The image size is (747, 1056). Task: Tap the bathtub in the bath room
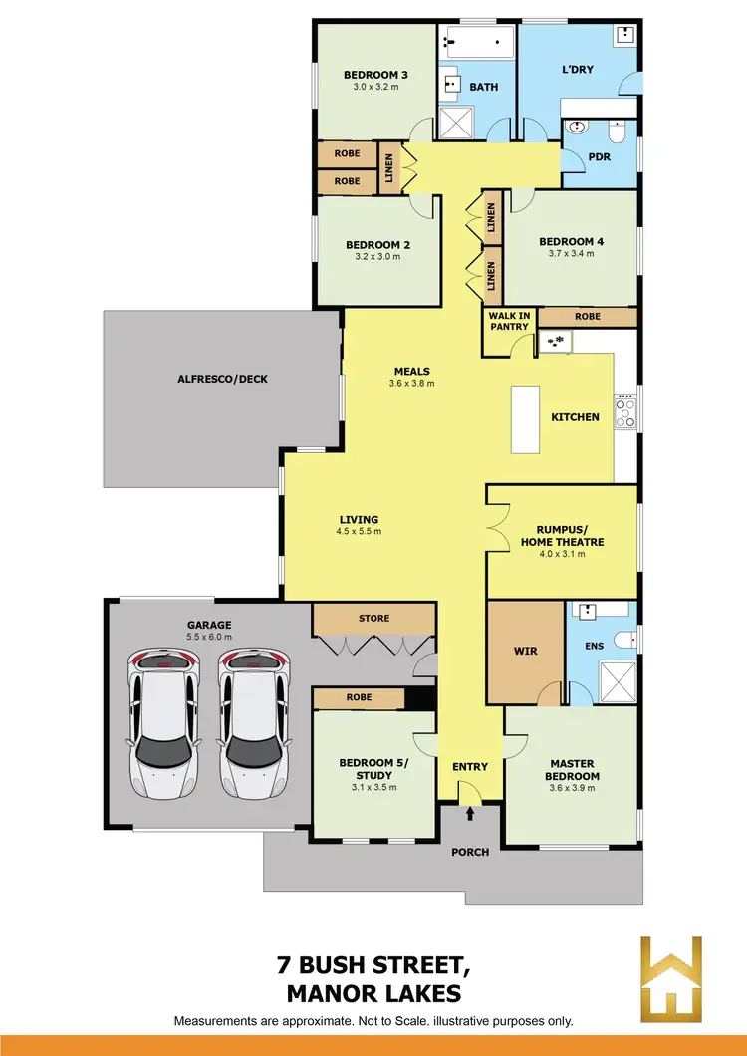click(x=477, y=43)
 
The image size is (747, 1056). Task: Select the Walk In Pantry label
click(x=509, y=321)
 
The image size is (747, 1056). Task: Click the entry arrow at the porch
click(x=470, y=814)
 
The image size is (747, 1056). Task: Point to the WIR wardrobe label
click(x=525, y=651)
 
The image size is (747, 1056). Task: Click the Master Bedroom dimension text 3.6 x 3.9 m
click(x=572, y=788)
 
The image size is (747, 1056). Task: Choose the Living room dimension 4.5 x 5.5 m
click(x=358, y=531)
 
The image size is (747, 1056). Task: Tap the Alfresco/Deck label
click(x=222, y=379)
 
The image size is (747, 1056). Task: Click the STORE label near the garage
click(x=373, y=618)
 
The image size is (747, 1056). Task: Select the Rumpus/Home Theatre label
click(x=562, y=536)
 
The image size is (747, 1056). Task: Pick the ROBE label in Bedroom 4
click(x=588, y=316)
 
